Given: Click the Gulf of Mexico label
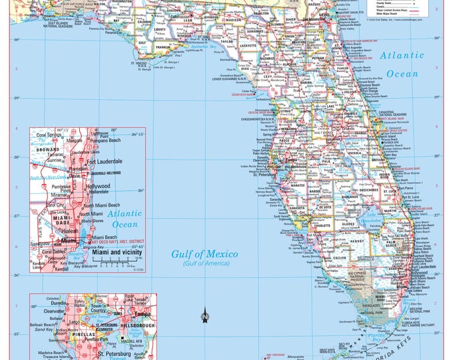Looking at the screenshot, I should click(x=201, y=254).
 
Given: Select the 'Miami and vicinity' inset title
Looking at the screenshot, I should click(x=117, y=253).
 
